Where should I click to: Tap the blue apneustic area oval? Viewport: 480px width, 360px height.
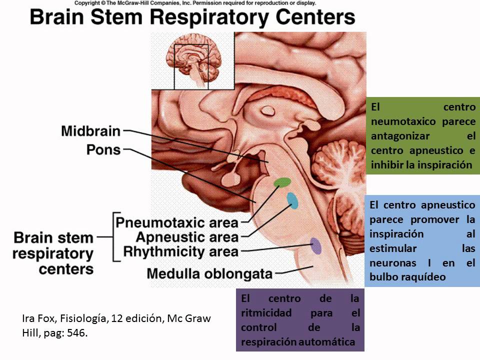pos(292,200)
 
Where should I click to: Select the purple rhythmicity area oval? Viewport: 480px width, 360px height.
pos(315,245)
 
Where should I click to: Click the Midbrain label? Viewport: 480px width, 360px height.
pos(90,131)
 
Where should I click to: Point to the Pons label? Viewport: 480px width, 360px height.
pos(103,149)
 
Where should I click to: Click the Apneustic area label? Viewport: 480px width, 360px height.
pos(187,236)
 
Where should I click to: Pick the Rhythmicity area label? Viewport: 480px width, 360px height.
pos(181,250)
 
